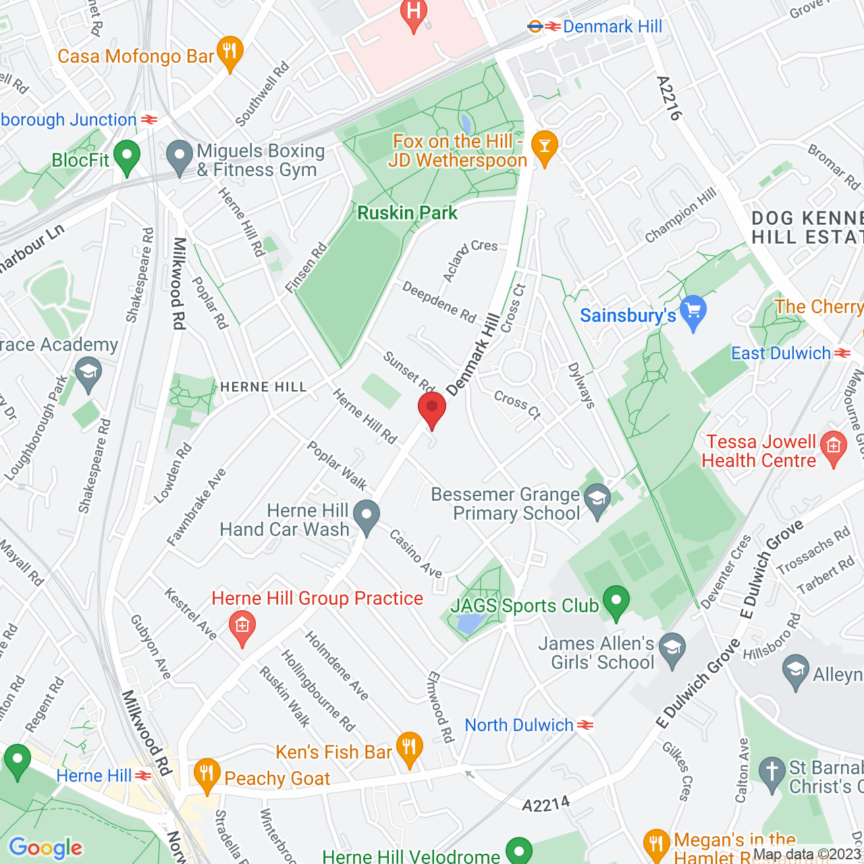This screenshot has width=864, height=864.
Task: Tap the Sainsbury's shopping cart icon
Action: (693, 311)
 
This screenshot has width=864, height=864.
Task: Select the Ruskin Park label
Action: (407, 213)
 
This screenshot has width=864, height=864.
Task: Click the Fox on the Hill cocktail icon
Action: (544, 146)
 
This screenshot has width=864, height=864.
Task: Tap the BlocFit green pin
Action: (126, 157)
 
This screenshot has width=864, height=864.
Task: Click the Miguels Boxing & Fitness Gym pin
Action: (179, 157)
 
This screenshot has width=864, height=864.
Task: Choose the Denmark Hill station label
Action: (612, 27)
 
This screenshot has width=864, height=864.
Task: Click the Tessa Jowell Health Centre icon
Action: (834, 448)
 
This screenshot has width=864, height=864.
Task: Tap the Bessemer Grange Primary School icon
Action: (597, 501)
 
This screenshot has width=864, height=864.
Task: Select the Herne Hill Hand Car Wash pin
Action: (367, 516)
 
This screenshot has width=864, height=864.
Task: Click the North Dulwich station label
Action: (518, 726)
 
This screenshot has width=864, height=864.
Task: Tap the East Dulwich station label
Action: (781, 354)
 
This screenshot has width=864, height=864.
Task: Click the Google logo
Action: (45, 848)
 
